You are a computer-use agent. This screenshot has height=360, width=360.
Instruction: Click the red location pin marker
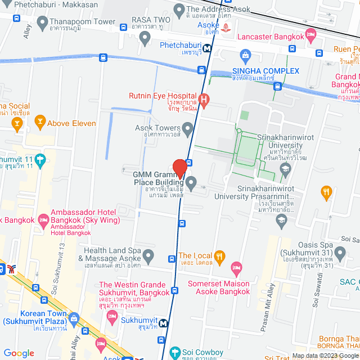[180, 169]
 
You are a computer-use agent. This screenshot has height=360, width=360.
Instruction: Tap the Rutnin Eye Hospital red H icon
[204, 101]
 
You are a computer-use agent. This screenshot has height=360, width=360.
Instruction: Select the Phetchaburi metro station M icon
[208, 49]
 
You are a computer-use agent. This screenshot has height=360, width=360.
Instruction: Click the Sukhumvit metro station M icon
[163, 323]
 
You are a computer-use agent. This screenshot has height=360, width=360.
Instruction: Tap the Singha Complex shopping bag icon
[245, 55]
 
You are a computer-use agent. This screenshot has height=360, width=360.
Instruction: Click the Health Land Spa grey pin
[148, 257]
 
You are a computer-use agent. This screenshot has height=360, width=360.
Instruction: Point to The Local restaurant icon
[220, 256]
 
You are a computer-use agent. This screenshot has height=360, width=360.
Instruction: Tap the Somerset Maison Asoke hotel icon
[237, 267]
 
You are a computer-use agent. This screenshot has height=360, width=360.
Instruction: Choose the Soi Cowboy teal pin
[175, 353]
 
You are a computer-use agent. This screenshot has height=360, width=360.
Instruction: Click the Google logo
[19, 353]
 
